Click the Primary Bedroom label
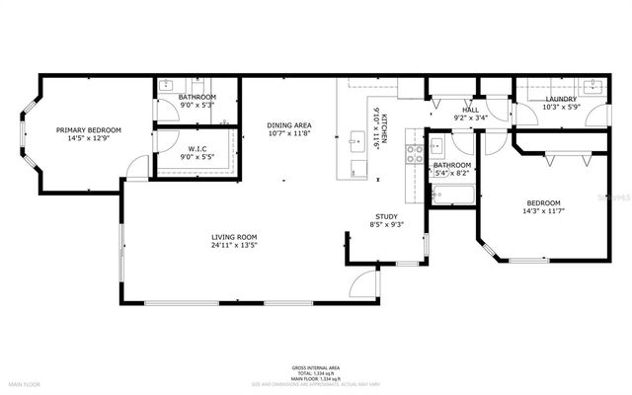(x=88, y=130)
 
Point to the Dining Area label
(x=289, y=125)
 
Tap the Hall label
(x=470, y=111)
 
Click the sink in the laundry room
(x=593, y=85)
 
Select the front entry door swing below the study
(x=367, y=282)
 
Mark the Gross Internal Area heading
(x=315, y=364)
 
